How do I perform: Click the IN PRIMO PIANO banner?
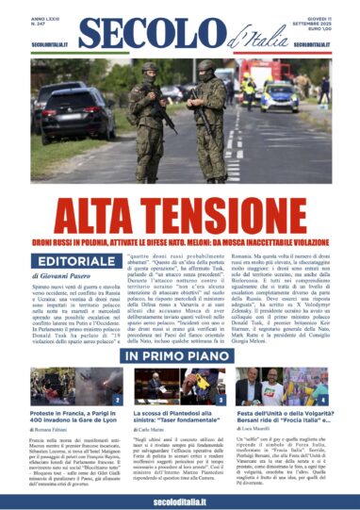point(179,357)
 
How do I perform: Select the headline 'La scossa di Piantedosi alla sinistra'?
point(179,417)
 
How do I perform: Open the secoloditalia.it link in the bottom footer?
point(179,495)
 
